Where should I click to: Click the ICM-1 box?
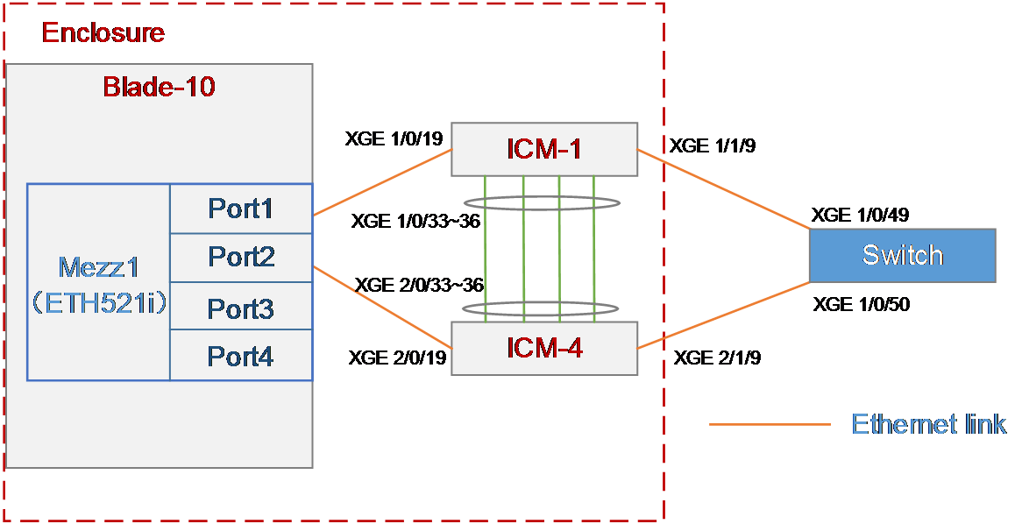[x=544, y=149]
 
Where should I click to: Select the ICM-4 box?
[x=544, y=348]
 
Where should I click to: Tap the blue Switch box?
[x=903, y=255]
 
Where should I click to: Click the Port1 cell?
[x=241, y=209]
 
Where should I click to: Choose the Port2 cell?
[x=241, y=258]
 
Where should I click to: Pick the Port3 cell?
[x=241, y=307]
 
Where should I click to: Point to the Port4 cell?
[x=241, y=355]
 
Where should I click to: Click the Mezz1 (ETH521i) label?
[x=98, y=285]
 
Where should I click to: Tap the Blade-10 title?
[x=159, y=86]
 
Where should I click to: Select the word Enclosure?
[x=103, y=32]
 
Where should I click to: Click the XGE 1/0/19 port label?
[x=394, y=138]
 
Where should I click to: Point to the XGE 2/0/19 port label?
[x=397, y=358]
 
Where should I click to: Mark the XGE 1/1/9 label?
[x=713, y=145]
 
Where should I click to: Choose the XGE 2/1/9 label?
[x=717, y=358]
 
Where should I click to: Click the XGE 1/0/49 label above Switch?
[x=861, y=215]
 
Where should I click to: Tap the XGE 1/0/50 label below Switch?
[x=862, y=304]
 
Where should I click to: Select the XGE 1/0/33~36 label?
[x=415, y=222]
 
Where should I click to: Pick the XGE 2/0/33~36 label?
[x=419, y=285]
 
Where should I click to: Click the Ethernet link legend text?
[x=929, y=423]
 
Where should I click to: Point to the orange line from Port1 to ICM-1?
[x=383, y=182]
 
